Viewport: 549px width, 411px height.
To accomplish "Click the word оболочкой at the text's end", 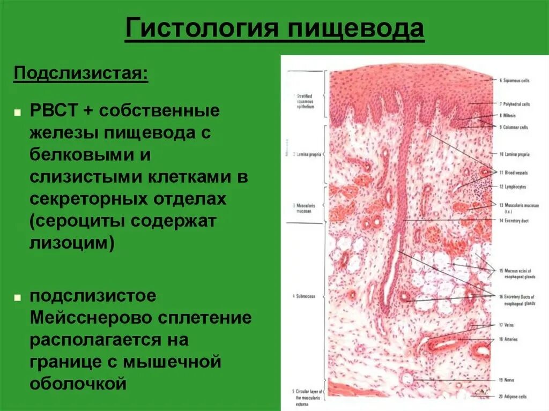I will [78, 383].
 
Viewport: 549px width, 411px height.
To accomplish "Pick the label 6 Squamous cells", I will [515, 80].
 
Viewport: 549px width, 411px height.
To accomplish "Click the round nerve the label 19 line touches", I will [409, 379].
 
